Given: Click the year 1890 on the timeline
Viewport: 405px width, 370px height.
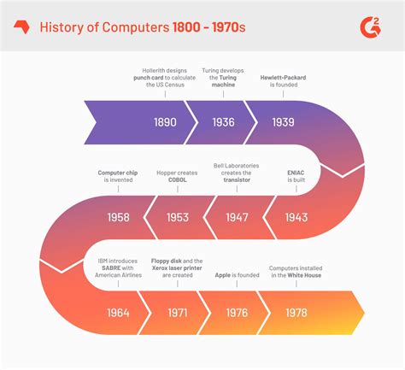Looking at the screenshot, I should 165,122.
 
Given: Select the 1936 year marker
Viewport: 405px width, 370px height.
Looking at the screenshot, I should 223,122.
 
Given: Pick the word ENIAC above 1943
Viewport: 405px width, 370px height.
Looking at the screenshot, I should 295,171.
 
